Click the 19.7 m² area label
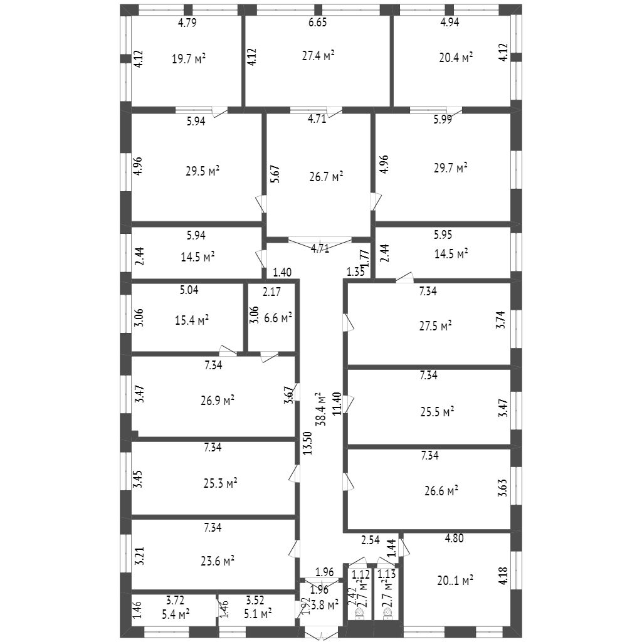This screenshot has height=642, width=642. click(189, 59)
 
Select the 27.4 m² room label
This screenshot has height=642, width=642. click(318, 55)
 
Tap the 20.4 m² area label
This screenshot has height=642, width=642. click(456, 57)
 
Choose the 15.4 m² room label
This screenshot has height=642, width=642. click(192, 320)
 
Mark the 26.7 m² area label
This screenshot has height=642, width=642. click(327, 177)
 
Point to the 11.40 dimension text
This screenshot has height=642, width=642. click(337, 403)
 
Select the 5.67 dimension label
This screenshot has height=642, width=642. click(275, 173)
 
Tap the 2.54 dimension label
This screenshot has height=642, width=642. click(370, 540)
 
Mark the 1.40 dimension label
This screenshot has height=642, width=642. click(282, 272)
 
